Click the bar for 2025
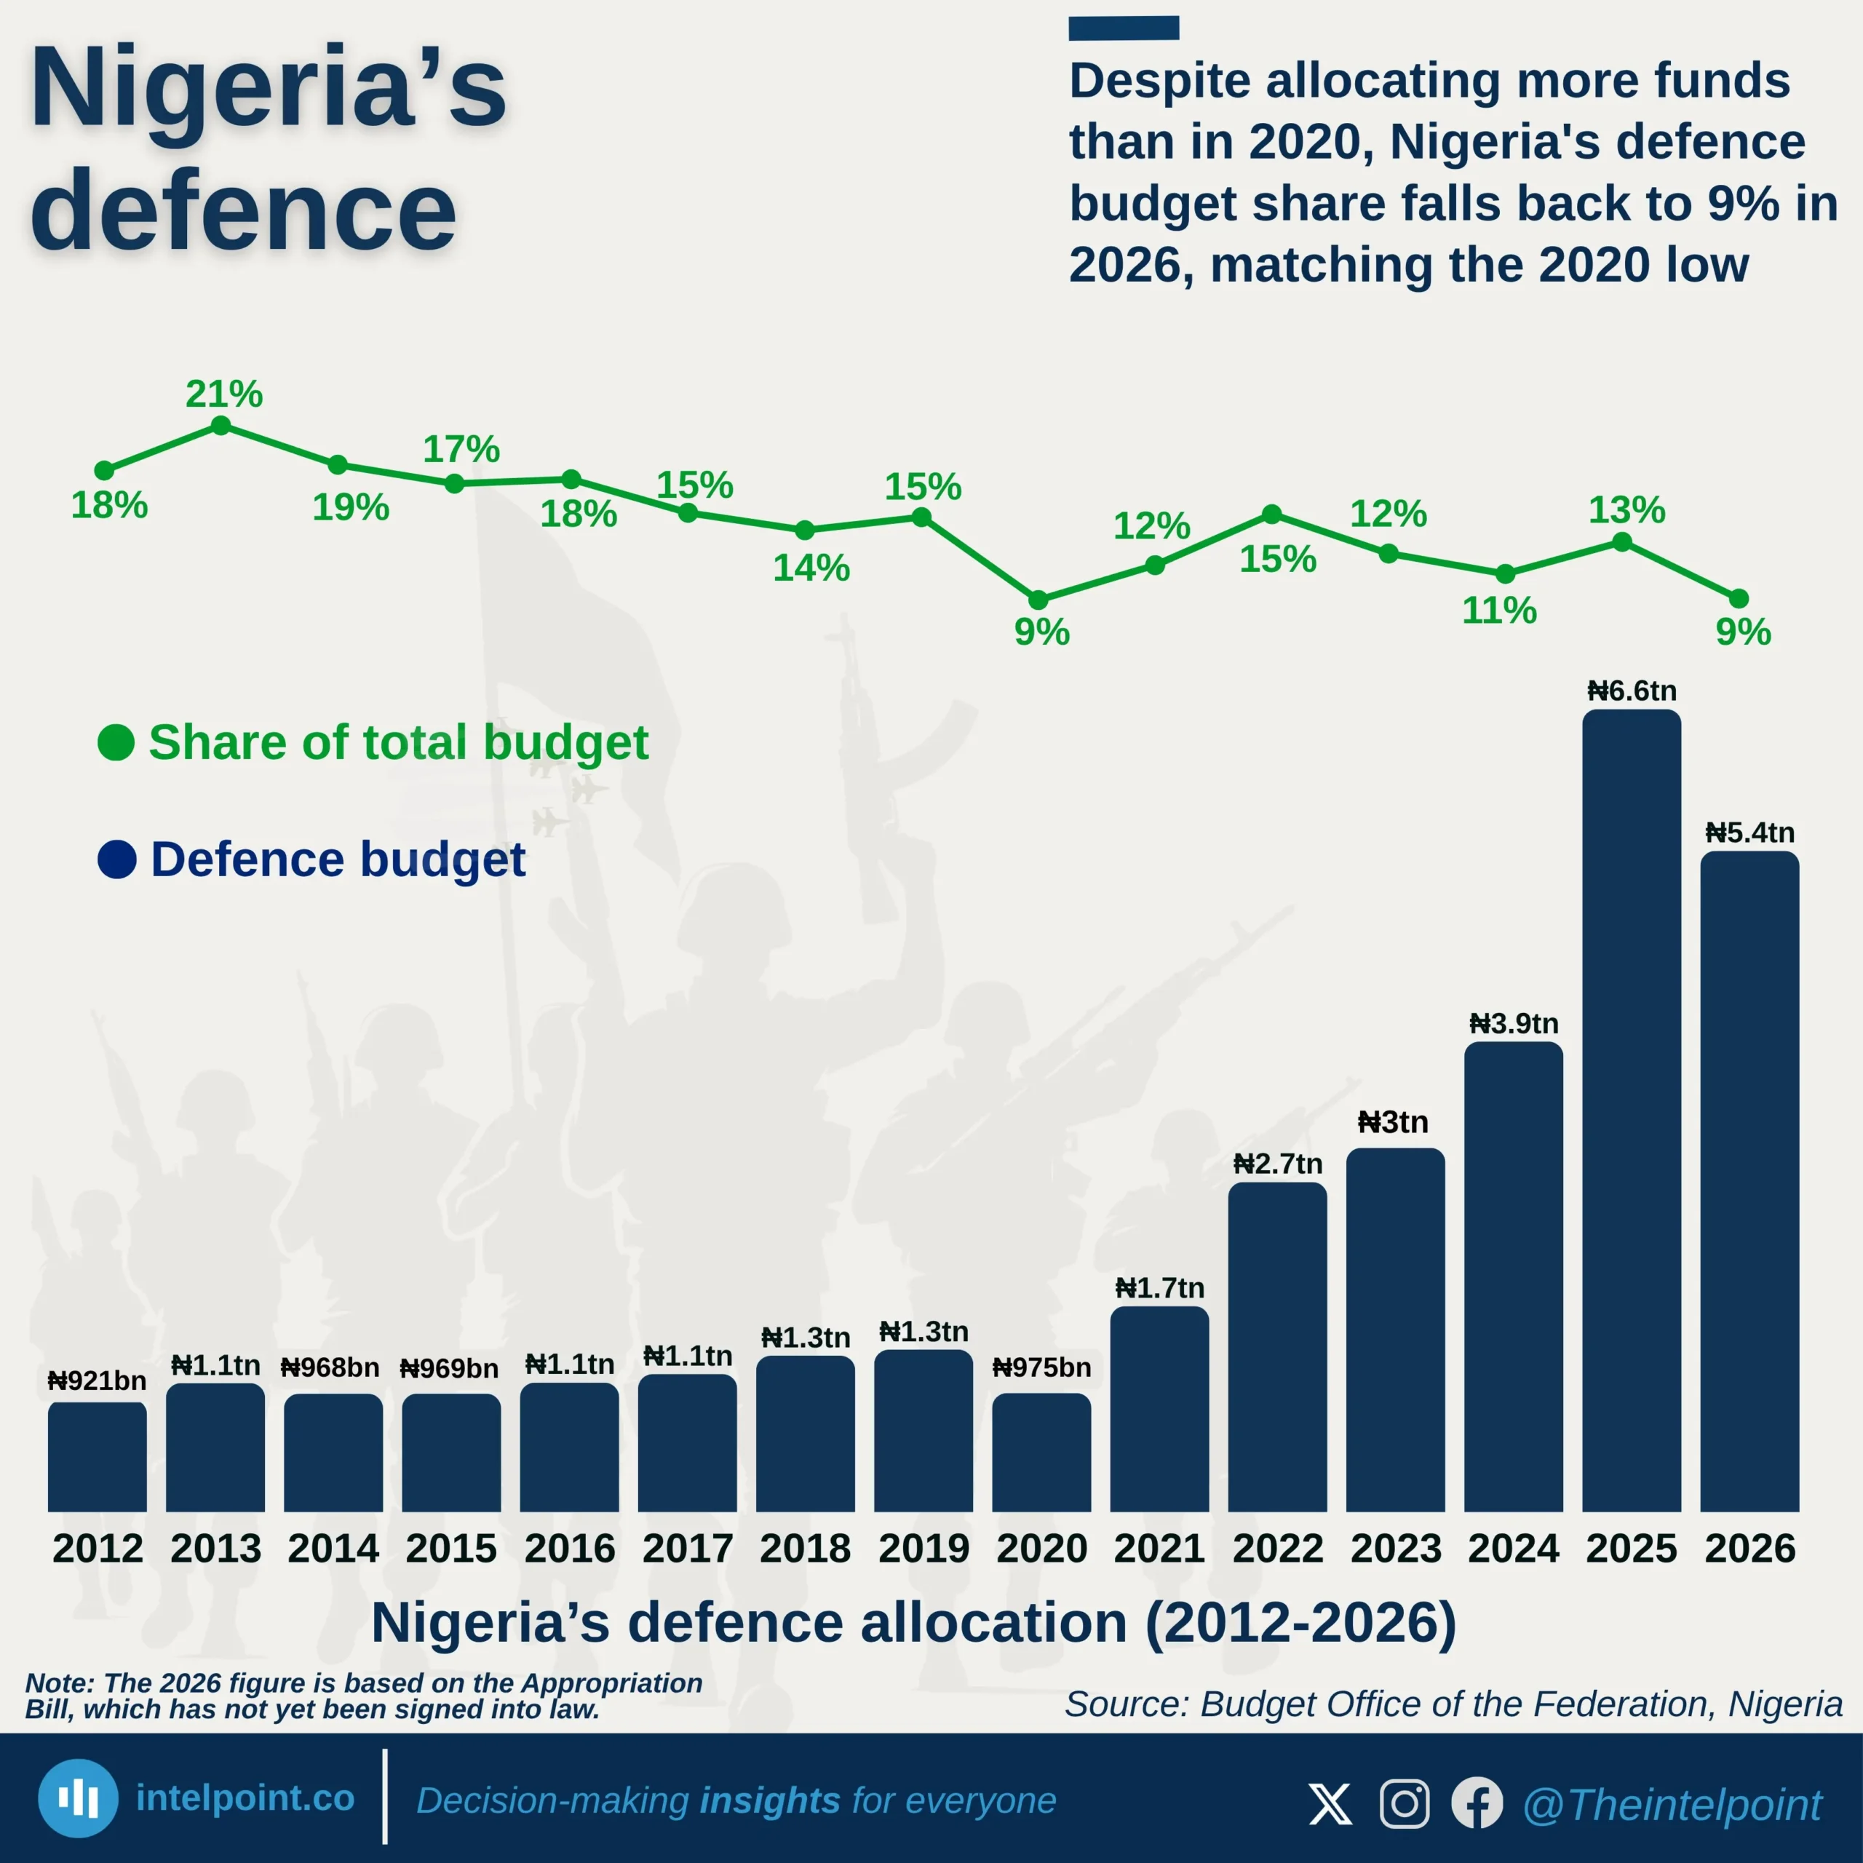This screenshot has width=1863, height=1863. (x=1632, y=1109)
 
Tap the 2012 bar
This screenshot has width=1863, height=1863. (x=98, y=1456)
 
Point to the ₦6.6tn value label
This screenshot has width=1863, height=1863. (x=1632, y=691)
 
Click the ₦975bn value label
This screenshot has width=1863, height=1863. (x=1041, y=1367)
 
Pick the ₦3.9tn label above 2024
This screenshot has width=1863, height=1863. (x=1513, y=1023)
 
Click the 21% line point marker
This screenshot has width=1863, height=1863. (x=221, y=425)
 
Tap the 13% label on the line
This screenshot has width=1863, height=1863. (x=1626, y=509)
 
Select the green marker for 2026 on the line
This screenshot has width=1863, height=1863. (x=1739, y=599)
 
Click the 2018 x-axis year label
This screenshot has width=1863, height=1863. (x=805, y=1549)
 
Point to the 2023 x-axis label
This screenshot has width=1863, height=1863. (x=1395, y=1549)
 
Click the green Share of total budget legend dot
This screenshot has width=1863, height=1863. (x=116, y=742)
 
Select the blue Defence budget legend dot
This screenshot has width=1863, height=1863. (x=116, y=859)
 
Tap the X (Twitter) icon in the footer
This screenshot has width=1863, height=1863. (x=1331, y=1803)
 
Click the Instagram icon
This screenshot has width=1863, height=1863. (x=1404, y=1803)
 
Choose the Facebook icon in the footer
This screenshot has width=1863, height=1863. (x=1477, y=1803)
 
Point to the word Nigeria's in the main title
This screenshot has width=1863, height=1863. (x=268, y=89)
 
